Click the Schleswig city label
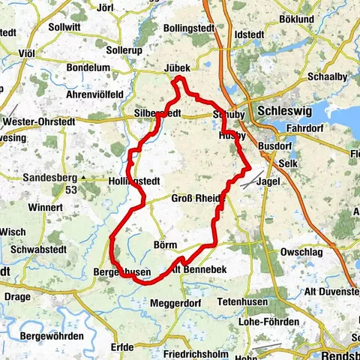coord(283,110)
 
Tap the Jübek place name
coord(177,67)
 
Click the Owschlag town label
coord(302,252)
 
